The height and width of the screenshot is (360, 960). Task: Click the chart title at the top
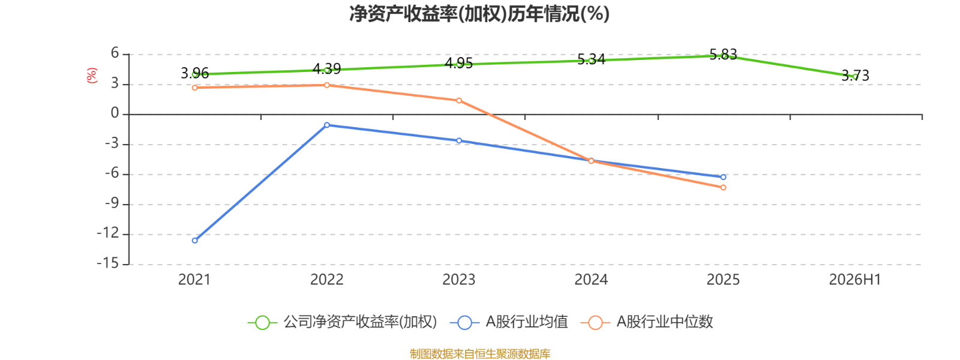pyautogui.click(x=479, y=14)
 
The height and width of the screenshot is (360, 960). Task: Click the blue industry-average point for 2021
pyautogui.click(x=195, y=241)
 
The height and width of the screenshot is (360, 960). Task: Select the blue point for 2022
pyautogui.click(x=327, y=125)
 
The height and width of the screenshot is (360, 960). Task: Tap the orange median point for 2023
pyautogui.click(x=459, y=101)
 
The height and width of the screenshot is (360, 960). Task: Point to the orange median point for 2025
pyautogui.click(x=724, y=188)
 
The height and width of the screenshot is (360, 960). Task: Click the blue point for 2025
pyautogui.click(x=724, y=177)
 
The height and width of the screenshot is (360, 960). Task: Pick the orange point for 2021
pyautogui.click(x=195, y=88)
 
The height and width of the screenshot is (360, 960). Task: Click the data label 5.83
pyautogui.click(x=724, y=55)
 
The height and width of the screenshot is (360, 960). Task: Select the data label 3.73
pyautogui.click(x=856, y=76)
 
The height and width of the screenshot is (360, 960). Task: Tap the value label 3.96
pyautogui.click(x=195, y=73)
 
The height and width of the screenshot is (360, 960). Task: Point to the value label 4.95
pyautogui.click(x=459, y=64)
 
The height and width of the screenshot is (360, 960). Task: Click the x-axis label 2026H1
pyautogui.click(x=855, y=280)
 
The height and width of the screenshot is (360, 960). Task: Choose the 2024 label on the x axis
pyautogui.click(x=591, y=280)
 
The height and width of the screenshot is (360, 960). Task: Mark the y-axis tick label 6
pyautogui.click(x=115, y=53)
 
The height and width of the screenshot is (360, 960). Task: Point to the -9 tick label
pyautogui.click(x=112, y=203)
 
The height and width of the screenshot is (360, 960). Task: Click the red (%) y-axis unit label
pyautogui.click(x=92, y=76)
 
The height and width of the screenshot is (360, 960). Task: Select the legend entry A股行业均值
pyautogui.click(x=509, y=322)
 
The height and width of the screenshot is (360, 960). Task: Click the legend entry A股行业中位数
pyautogui.click(x=647, y=322)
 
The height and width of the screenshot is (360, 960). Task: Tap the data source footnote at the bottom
pyautogui.click(x=480, y=353)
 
